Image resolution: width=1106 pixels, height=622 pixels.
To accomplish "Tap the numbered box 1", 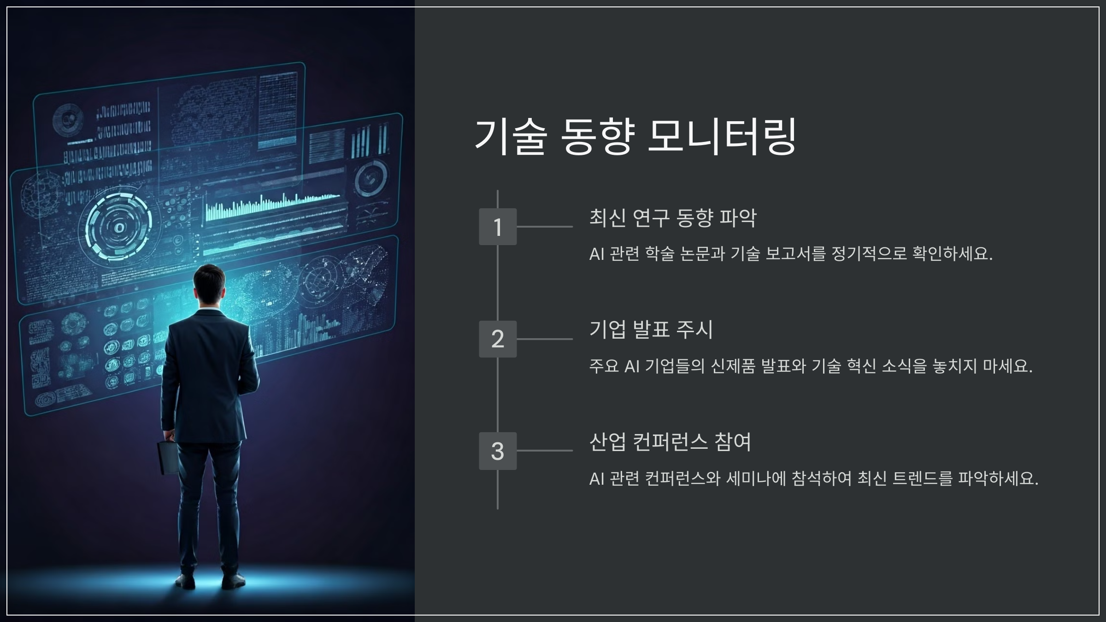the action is [498, 227].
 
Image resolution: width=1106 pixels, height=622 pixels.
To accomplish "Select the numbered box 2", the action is [498, 339].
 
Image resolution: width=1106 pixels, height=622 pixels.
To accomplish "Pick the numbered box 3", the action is [498, 451].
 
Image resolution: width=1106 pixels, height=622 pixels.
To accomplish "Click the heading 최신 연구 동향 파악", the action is [673, 217].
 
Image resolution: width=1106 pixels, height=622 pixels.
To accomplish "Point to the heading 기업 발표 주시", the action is [651, 329].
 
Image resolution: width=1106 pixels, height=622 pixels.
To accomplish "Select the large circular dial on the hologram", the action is [119, 227].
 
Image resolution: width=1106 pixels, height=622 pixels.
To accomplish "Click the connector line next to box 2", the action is [545, 339].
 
